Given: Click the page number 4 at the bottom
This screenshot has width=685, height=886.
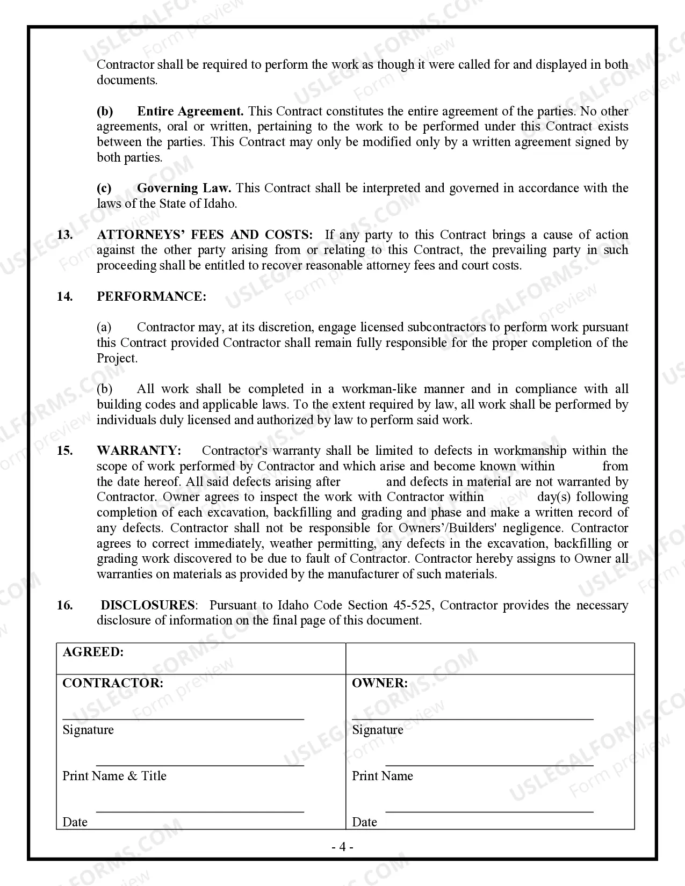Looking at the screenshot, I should tap(342, 847).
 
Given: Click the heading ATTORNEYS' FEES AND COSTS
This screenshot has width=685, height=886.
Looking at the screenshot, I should tap(204, 235).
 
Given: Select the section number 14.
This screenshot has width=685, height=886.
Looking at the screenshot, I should tap(64, 296).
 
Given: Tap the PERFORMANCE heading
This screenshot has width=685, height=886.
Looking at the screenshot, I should tap(151, 296).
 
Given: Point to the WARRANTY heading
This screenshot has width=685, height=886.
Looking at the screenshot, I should tap(139, 451).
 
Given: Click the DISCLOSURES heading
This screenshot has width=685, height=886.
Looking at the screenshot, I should tap(148, 605).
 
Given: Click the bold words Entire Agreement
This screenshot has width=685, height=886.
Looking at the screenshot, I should tap(190, 111).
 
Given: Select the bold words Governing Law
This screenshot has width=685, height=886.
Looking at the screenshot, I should tap(184, 188).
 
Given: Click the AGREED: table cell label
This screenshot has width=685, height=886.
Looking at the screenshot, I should tap(93, 652).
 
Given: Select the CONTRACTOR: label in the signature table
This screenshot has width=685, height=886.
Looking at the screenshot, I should tap(113, 683).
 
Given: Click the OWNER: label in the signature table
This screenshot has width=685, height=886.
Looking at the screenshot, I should tap(379, 683).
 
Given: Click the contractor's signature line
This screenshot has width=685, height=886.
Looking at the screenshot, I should tap(183, 718).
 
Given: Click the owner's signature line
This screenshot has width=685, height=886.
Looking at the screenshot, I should tap(473, 718).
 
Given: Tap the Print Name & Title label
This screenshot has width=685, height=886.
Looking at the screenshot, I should tap(114, 776).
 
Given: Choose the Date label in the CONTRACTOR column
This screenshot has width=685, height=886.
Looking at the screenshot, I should tap(75, 822).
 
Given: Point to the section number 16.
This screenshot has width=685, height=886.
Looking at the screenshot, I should tap(64, 605).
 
